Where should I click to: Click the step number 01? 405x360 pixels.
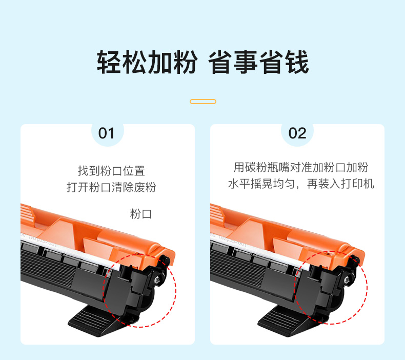coord(106,133)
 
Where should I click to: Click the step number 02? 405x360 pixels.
coord(297,133)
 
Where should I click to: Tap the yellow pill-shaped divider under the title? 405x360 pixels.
coord(203,102)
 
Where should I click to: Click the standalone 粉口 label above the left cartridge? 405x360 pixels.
coord(140,214)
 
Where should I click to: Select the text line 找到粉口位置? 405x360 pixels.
coord(111,171)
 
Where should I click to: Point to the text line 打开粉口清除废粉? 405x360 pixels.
coord(111,187)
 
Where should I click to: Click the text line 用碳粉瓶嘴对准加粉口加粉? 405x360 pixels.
coord(301,168)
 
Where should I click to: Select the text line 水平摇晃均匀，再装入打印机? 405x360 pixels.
coord(301,184)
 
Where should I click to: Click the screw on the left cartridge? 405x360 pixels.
coord(157,279)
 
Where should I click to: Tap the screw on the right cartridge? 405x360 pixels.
coord(347,279)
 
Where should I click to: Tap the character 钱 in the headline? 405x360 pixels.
coord(297,62)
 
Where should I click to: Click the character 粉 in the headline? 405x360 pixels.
coord(186,62)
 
